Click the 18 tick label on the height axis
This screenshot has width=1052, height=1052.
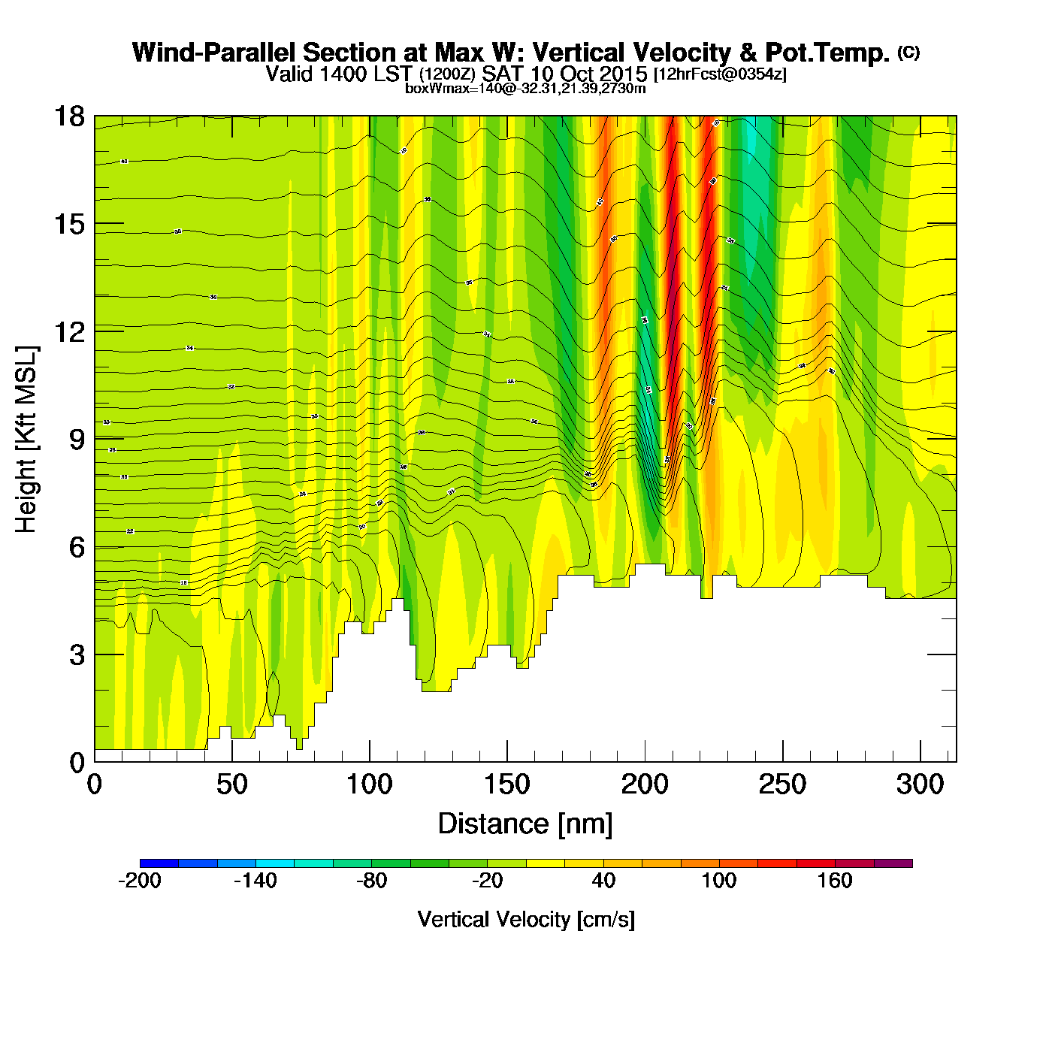pos(68,116)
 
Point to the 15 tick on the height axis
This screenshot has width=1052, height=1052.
pos(68,224)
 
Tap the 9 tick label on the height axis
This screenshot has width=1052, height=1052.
pos(77,440)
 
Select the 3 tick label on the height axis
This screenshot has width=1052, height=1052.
pos(77,654)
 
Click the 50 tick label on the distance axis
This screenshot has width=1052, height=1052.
pos(231,784)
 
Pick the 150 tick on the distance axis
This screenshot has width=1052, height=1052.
pos(507,784)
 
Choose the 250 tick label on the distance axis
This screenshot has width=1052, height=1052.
pos(782,784)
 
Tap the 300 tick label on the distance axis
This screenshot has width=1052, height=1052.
pos(920,784)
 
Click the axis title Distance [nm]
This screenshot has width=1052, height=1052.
pos(525,824)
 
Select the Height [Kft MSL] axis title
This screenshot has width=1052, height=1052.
pos(26,440)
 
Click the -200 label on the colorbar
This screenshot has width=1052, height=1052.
pos(140,881)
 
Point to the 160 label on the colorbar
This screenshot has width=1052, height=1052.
pos(835,881)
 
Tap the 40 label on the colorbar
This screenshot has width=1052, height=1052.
pos(603,881)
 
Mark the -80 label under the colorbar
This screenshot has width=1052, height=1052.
pos(371,881)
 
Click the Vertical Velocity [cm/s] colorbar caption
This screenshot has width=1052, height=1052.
pos(525,919)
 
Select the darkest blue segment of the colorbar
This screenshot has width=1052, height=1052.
pos(159,863)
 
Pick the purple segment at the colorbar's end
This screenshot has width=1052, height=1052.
pos(893,863)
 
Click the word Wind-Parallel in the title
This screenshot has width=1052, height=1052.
pos(213,53)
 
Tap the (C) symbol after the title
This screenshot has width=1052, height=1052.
pos(908,52)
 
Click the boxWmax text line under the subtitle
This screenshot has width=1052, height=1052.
pos(525,88)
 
